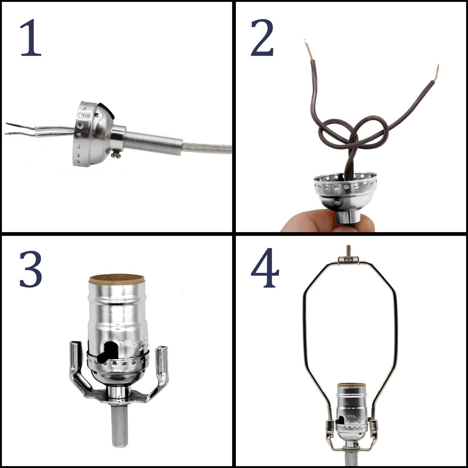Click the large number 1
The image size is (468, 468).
click(31, 38)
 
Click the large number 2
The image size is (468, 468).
click(262, 38)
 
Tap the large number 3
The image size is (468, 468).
click(31, 269)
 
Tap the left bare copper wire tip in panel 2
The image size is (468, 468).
click(308, 50)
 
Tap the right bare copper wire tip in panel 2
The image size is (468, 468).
click(437, 72)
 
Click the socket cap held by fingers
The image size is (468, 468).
click(345, 194)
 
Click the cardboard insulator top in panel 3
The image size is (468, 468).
click(117, 280)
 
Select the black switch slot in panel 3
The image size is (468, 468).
click(108, 351)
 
